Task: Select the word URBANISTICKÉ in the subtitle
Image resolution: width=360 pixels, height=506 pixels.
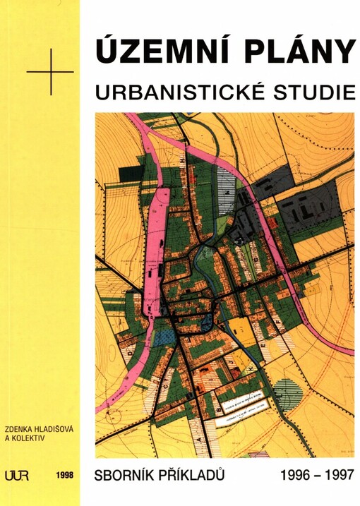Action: coord(186,92)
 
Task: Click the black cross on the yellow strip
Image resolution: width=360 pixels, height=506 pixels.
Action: coord(50,71)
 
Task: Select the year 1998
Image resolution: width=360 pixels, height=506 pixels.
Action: coord(64,476)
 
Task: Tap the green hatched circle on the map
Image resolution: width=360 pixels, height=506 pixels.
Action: coord(286,389)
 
